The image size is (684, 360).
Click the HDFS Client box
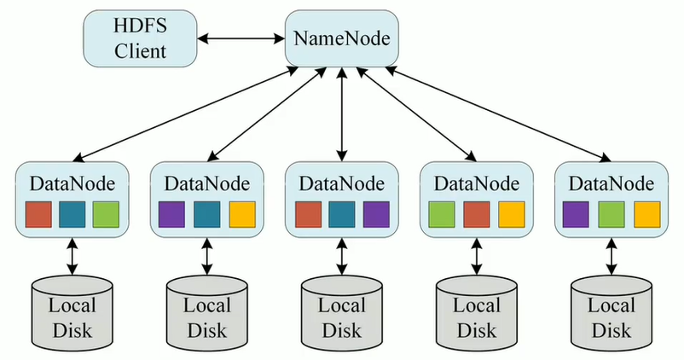point(138,39)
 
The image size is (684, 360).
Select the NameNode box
point(341,39)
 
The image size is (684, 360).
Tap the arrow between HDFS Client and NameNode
point(240,38)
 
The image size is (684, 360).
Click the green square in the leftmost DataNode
point(107,213)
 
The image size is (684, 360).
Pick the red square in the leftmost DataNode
point(38,213)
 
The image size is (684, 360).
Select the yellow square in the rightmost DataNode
point(646,213)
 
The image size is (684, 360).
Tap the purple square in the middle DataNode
point(376,213)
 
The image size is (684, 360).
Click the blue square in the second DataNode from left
point(207,213)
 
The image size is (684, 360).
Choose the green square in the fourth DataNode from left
point(442,213)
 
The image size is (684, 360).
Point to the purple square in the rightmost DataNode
point(577,213)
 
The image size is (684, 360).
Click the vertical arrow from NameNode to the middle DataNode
point(341,115)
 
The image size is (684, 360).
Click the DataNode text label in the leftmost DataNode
point(72,183)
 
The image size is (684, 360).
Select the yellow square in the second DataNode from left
point(241,213)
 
